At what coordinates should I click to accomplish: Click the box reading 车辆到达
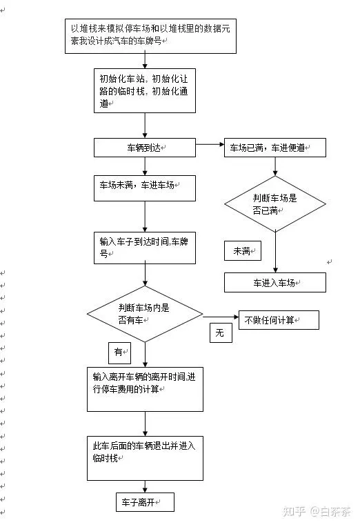(145, 148)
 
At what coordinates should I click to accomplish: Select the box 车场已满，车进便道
(275, 148)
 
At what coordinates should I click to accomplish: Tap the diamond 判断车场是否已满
(275, 204)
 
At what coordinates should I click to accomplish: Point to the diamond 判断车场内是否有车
(145, 314)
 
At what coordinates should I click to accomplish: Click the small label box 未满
(243, 250)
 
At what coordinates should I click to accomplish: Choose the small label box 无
(221, 332)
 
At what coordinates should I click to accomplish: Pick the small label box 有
(119, 353)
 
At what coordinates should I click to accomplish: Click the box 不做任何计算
(279, 320)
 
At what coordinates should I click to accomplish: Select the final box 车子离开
(146, 502)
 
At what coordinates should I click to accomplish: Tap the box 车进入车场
(275, 282)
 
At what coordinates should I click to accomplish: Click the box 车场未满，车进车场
(145, 188)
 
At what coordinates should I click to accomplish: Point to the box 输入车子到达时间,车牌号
(145, 248)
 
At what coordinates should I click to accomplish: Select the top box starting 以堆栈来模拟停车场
(150, 36)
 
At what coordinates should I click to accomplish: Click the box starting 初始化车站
(145, 91)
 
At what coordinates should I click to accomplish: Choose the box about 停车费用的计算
(145, 389)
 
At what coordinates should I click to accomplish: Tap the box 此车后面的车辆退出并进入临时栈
(145, 459)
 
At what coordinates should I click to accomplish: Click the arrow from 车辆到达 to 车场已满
(210, 145)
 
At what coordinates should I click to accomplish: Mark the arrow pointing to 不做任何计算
(221, 317)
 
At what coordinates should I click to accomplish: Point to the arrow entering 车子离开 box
(145, 487)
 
